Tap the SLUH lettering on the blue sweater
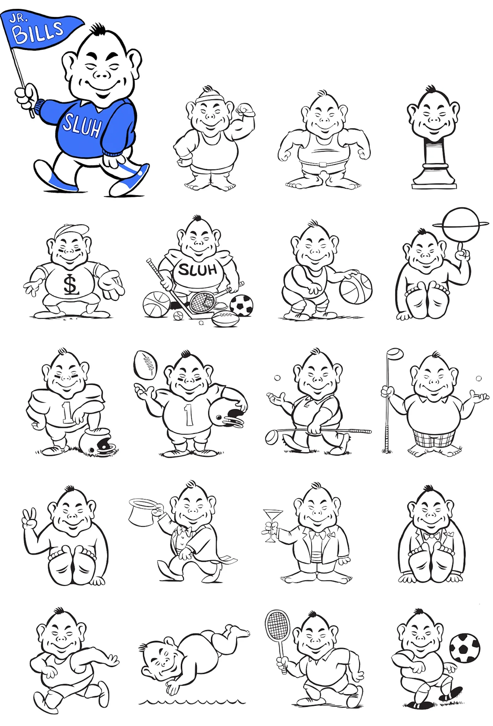tap(82, 126)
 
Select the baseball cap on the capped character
tap(71, 231)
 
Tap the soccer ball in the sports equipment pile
tap(241, 305)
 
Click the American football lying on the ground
tap(225, 319)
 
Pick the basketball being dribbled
tap(355, 288)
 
